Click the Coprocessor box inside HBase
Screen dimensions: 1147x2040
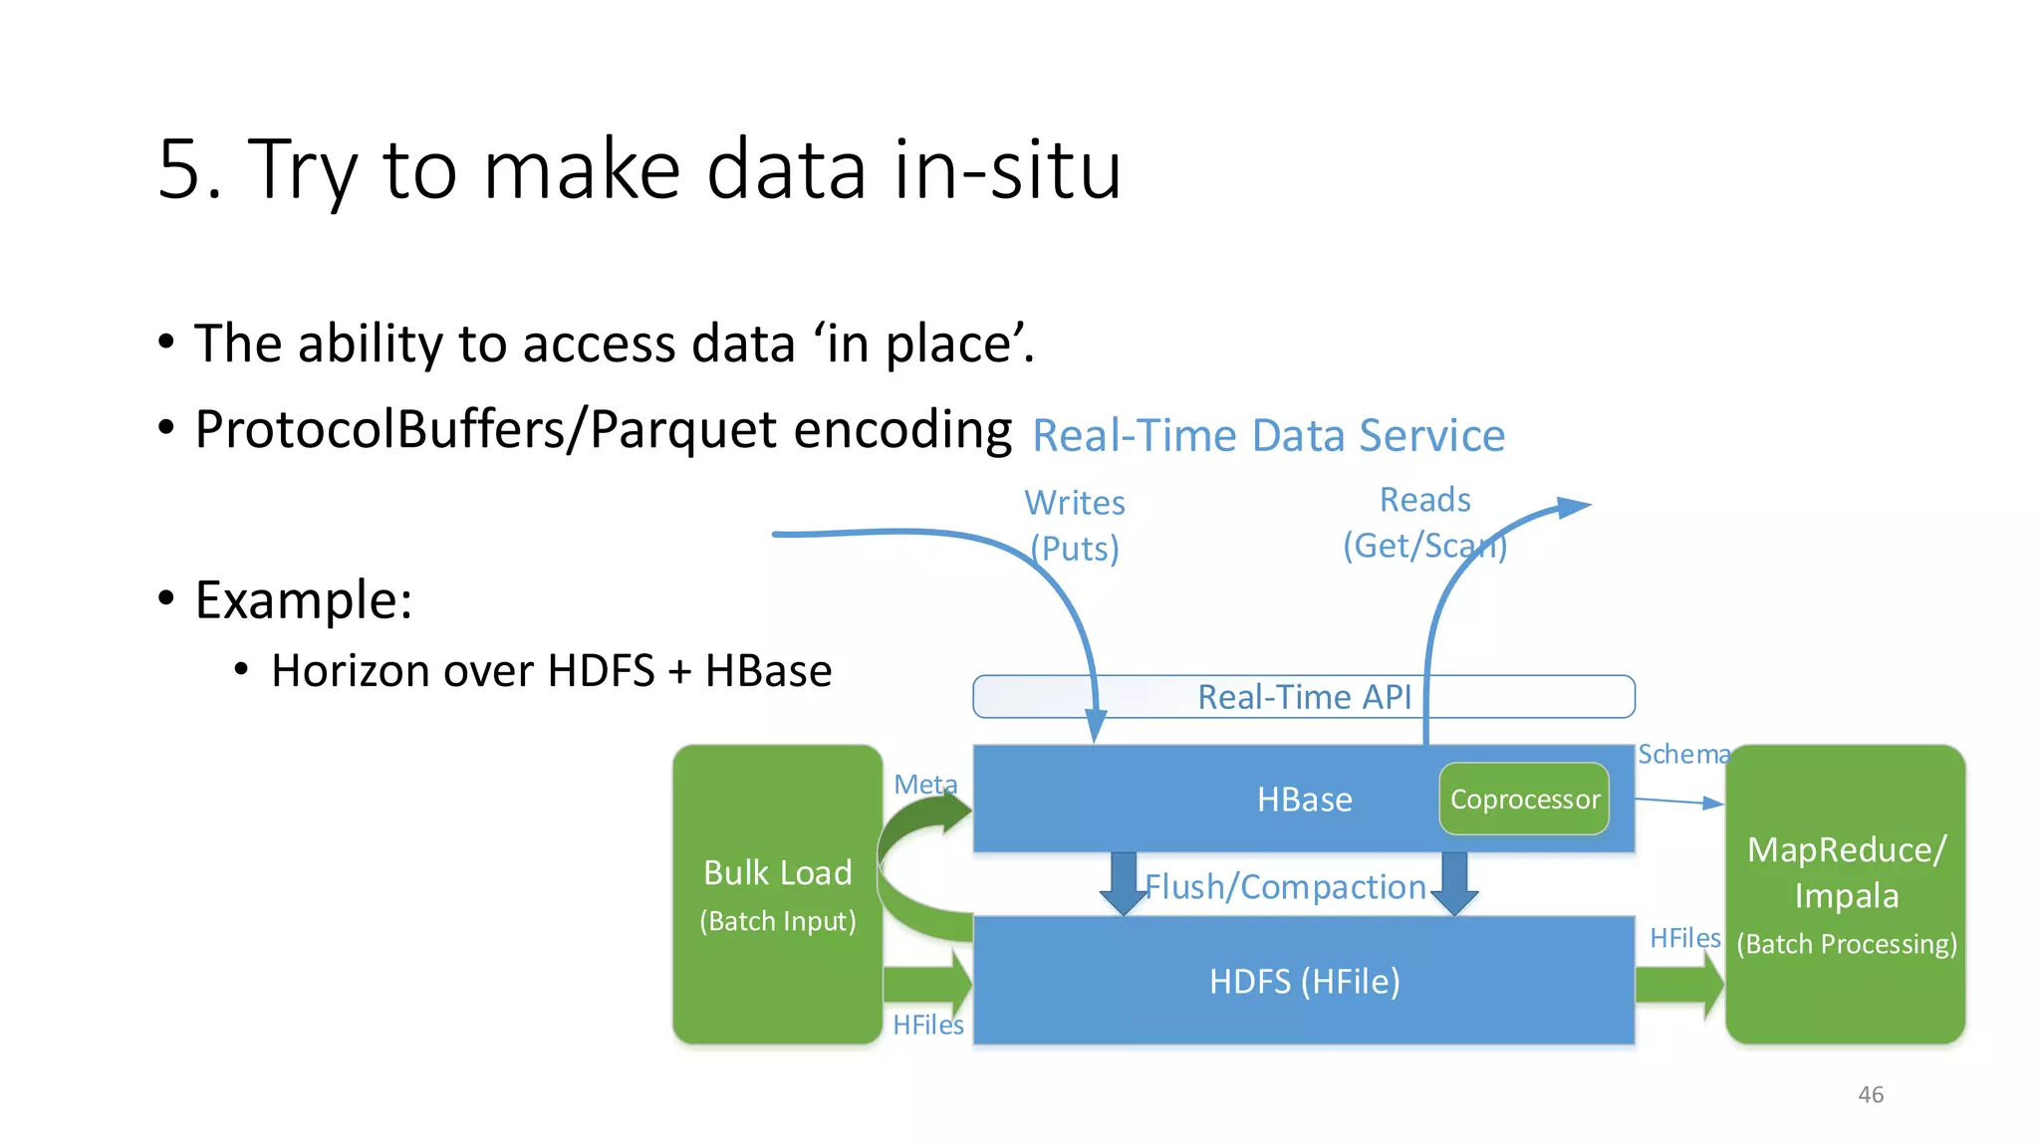click(x=1524, y=800)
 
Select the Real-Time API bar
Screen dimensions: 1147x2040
click(x=1303, y=697)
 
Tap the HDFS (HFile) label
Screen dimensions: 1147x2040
click(x=1304, y=982)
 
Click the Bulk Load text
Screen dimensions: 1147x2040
click(x=777, y=873)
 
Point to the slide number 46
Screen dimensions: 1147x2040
click(x=1870, y=1094)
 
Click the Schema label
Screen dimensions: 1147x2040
click(x=1683, y=755)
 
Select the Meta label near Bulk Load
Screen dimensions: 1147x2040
click(x=924, y=785)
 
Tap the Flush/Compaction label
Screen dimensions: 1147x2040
click(x=1285, y=886)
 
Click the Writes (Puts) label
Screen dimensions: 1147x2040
click(x=1075, y=526)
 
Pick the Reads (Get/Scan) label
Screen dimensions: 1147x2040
click(x=1424, y=523)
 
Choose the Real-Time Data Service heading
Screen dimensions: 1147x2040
click(x=1268, y=436)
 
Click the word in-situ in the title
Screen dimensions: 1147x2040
click(x=1007, y=169)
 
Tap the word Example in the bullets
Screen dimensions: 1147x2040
click(x=303, y=600)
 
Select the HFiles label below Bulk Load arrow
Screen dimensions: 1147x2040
click(x=927, y=1026)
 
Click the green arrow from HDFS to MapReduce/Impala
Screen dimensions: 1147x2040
click(x=1679, y=985)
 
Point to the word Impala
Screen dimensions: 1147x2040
click(x=1846, y=896)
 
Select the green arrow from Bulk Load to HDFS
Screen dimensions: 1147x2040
click(x=926, y=984)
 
